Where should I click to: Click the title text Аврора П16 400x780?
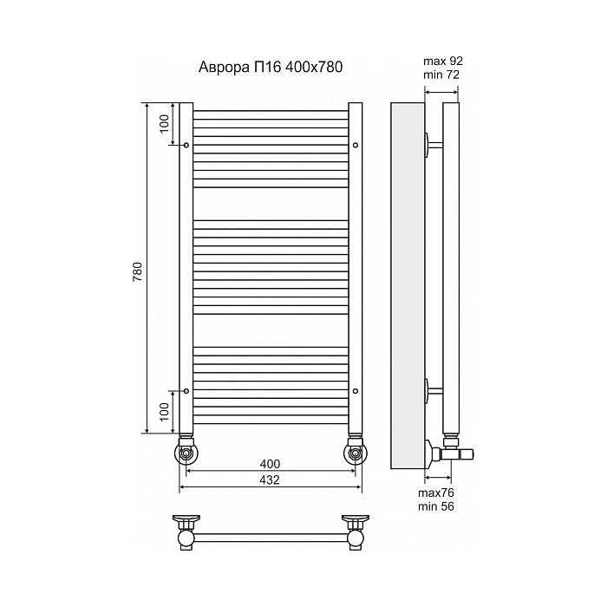point(271,68)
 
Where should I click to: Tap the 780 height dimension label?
point(138,271)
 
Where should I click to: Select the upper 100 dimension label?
point(165,124)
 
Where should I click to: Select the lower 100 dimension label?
point(165,412)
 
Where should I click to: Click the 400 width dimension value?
point(270,463)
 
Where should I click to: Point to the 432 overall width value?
point(270,480)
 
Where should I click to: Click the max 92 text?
point(443,62)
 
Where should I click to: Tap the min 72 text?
point(441,75)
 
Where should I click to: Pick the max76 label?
point(436,493)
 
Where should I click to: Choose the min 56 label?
point(436,506)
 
